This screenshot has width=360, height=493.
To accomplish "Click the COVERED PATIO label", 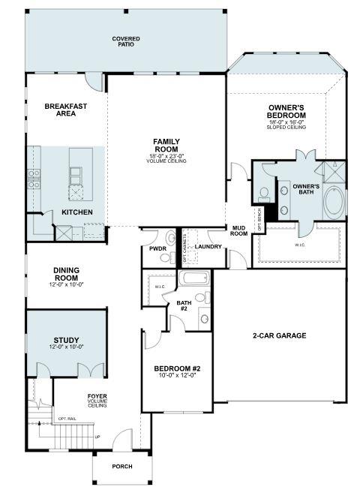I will point(126,42).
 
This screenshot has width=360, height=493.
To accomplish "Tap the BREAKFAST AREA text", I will point(65,110).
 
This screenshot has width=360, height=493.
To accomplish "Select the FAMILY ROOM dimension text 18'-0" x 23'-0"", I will point(166,155).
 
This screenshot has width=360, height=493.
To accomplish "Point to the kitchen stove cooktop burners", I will point(34,177).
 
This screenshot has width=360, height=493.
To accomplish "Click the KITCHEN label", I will point(77,212).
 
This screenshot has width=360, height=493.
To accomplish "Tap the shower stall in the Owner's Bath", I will point(335,171).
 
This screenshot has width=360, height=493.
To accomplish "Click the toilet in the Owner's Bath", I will point(262,194).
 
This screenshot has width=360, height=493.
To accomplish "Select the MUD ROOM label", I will point(239,230).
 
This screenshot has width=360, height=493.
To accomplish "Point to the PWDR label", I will point(158,248).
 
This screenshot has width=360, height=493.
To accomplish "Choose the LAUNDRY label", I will point(207,246).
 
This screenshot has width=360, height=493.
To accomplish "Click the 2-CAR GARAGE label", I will point(279,335).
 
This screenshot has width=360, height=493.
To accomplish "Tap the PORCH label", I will point(121,466).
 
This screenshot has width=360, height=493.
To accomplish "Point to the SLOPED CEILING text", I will point(286,128).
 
